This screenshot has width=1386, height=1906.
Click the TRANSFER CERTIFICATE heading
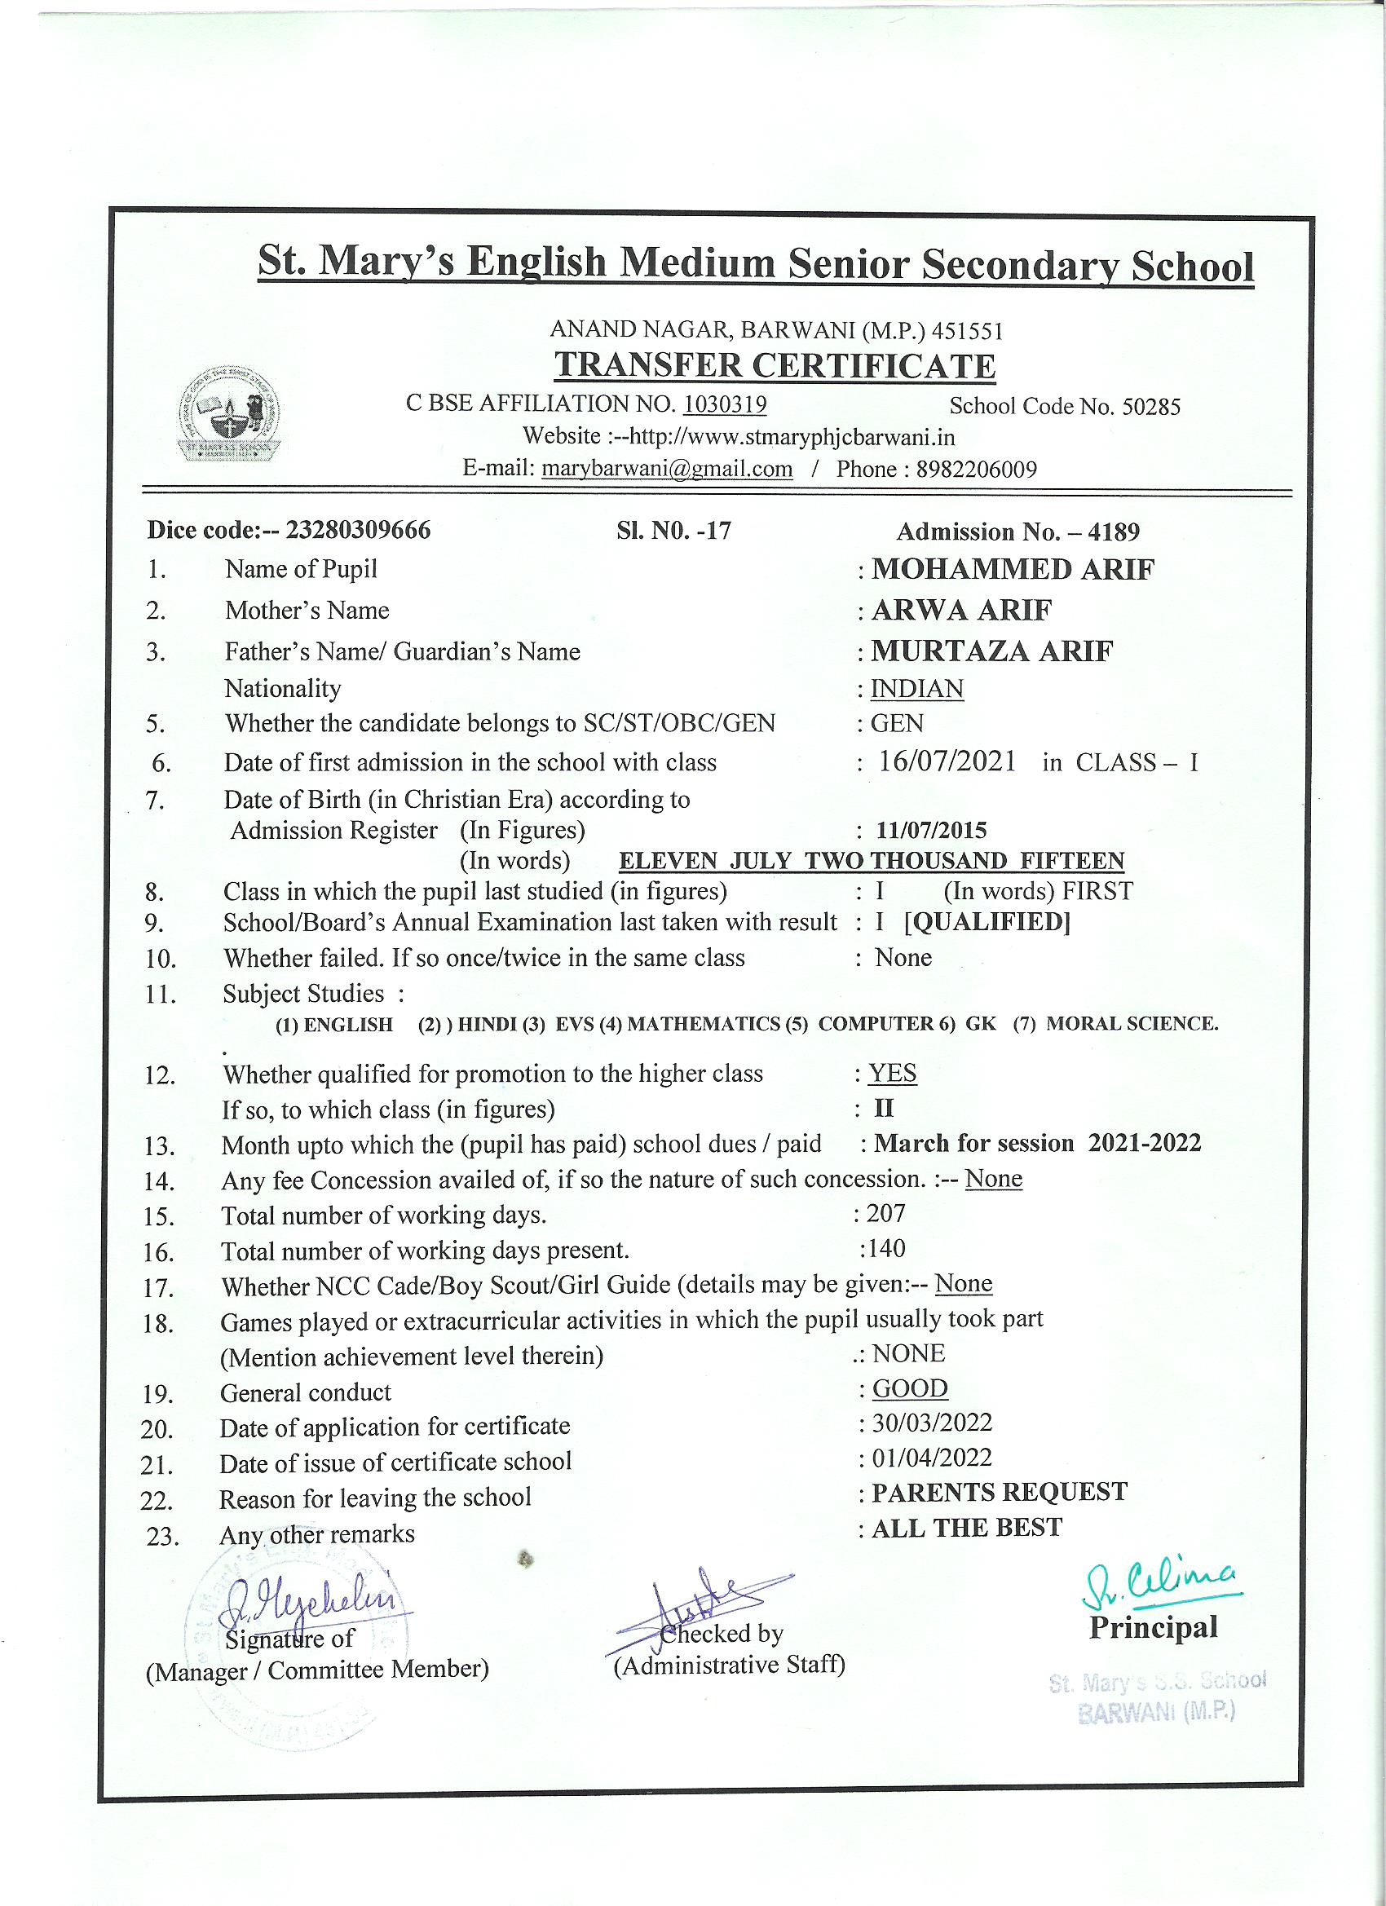tap(775, 366)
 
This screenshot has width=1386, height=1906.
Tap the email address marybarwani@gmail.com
tap(668, 469)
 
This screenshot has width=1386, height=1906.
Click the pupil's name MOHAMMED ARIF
tap(1013, 570)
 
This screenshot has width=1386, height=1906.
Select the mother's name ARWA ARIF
tap(961, 610)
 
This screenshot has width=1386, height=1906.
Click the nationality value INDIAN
tap(917, 689)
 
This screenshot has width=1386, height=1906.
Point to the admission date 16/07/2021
tap(947, 762)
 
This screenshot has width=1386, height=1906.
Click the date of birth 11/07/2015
tap(931, 832)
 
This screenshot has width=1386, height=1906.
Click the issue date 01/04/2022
tap(931, 1458)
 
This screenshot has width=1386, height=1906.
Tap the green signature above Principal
tap(1162, 1583)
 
